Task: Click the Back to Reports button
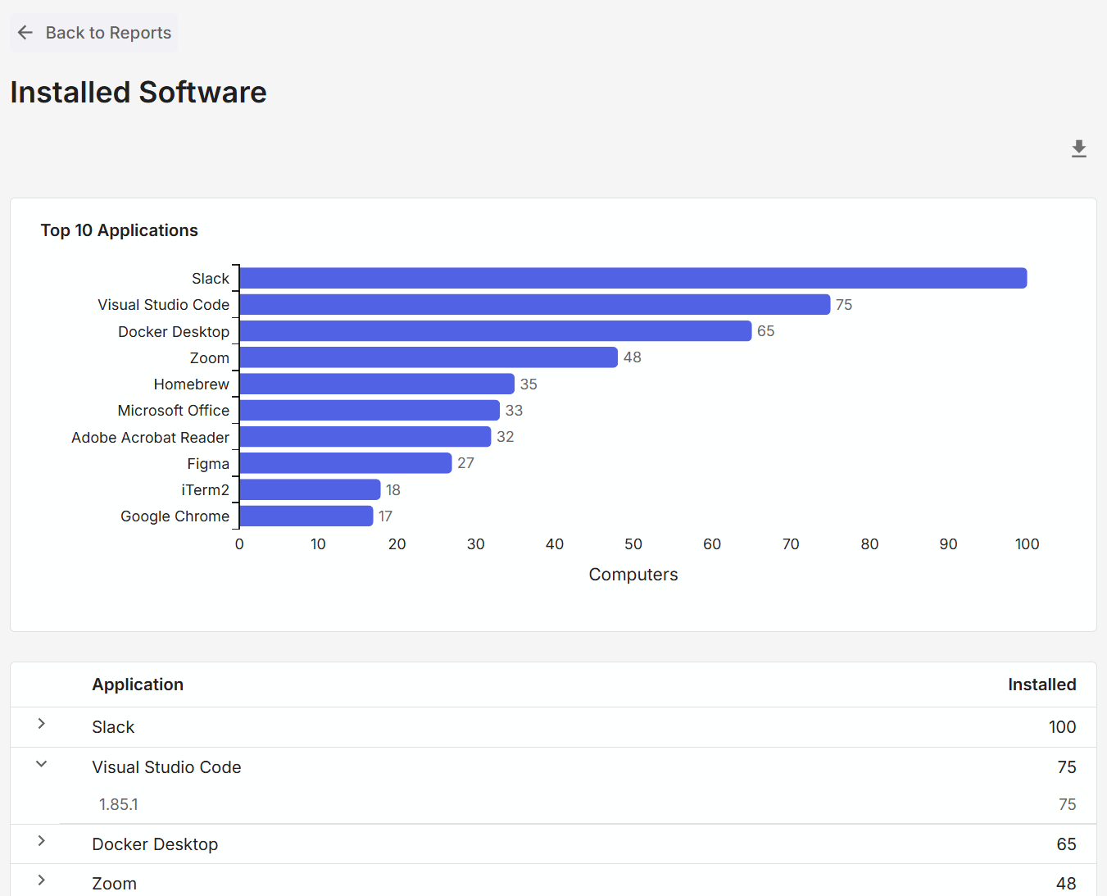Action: (x=94, y=33)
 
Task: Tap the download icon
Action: (x=1078, y=148)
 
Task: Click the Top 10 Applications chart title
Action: (x=120, y=230)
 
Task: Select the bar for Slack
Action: (x=633, y=278)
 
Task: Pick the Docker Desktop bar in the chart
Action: (x=495, y=331)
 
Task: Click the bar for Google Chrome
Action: (x=306, y=516)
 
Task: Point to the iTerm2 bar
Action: (x=310, y=489)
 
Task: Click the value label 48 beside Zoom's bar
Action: (x=632, y=357)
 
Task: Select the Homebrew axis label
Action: (x=191, y=384)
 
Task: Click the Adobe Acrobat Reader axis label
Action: (x=150, y=438)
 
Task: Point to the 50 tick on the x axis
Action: (x=633, y=544)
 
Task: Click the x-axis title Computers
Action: (x=633, y=575)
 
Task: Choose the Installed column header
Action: (x=1041, y=685)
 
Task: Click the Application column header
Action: (x=138, y=685)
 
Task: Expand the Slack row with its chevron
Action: (x=41, y=724)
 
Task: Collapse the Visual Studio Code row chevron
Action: (x=41, y=764)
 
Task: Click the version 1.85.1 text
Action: (x=119, y=804)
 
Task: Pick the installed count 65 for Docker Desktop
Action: (x=1066, y=844)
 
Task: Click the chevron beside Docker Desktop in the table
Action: (x=41, y=841)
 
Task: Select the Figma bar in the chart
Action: (x=345, y=463)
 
